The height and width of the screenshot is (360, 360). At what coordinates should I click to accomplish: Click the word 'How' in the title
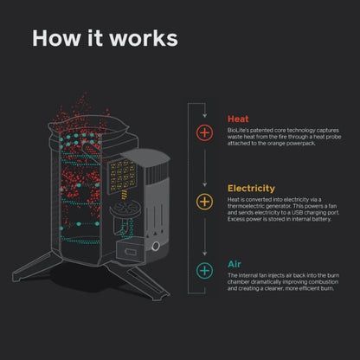51,39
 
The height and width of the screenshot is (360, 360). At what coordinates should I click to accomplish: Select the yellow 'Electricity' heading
252,187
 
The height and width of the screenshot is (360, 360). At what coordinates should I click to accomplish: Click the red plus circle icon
204,132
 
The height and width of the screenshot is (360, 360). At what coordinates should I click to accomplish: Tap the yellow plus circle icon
204,202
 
